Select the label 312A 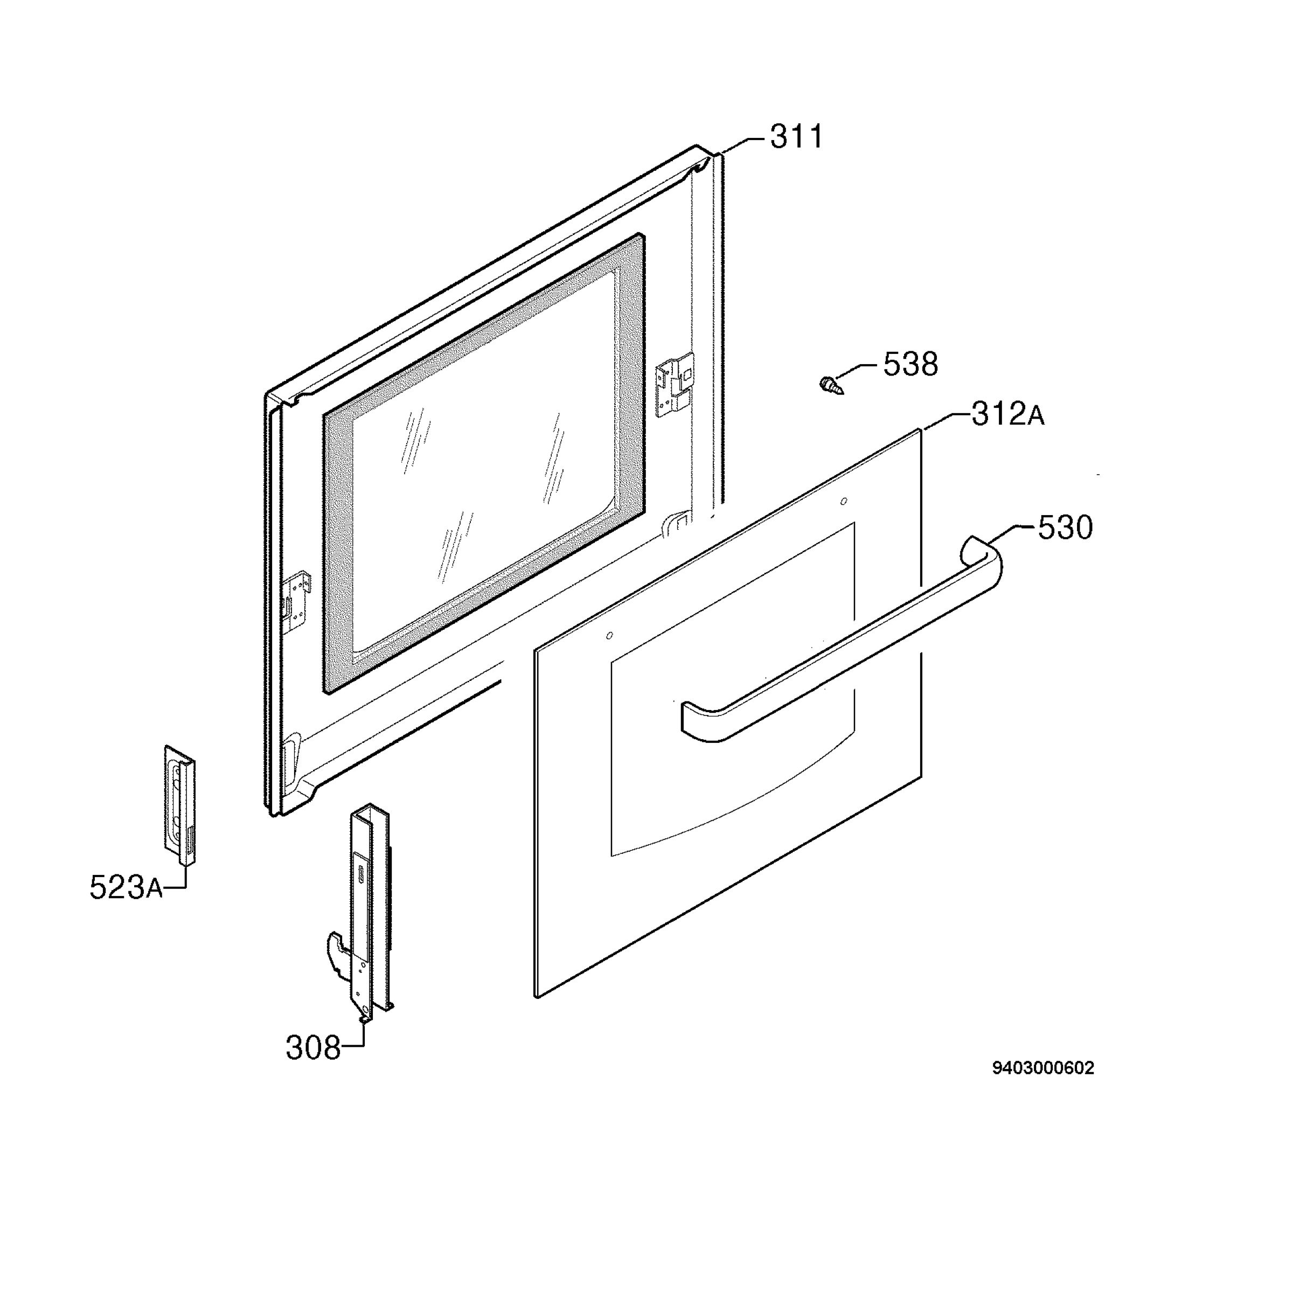pos(1007,414)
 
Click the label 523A pos(126,887)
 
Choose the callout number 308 pos(313,1047)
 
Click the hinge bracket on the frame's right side pos(676,386)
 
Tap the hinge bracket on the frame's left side pos(296,602)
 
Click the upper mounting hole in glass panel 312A pos(843,500)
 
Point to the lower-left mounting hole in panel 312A pos(609,635)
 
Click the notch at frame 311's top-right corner pos(702,165)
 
